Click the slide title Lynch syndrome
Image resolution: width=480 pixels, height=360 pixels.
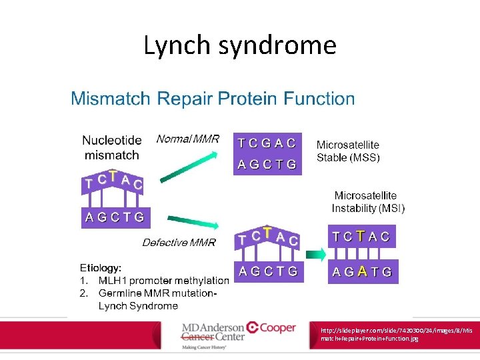(x=240, y=45)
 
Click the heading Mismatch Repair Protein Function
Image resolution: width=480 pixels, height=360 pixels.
(x=213, y=99)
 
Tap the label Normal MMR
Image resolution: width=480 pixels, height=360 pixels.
(x=187, y=139)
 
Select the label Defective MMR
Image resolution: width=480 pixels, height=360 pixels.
(x=179, y=243)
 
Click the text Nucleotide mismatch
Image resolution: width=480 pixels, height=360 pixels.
(x=111, y=147)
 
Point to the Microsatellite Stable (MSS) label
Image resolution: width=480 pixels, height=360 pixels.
(x=347, y=151)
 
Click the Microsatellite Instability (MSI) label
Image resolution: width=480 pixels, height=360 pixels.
(x=367, y=202)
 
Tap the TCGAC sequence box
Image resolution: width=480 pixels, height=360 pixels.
(x=267, y=143)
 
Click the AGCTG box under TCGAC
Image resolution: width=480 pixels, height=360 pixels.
(x=267, y=164)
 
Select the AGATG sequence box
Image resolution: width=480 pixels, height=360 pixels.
(x=363, y=272)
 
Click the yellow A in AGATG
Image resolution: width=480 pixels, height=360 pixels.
(x=362, y=271)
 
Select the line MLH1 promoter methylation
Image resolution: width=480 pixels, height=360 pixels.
(x=163, y=280)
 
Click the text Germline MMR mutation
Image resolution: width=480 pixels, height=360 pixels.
(x=157, y=293)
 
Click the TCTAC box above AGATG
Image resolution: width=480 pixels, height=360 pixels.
(x=362, y=237)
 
